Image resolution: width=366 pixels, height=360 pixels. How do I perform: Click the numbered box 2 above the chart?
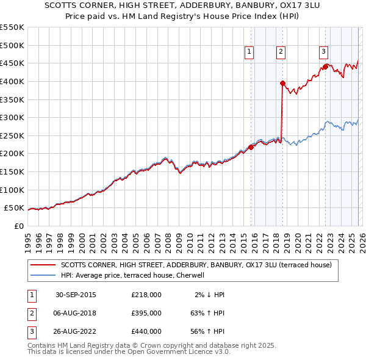(281, 52)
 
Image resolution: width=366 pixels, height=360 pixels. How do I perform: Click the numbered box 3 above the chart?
(323, 52)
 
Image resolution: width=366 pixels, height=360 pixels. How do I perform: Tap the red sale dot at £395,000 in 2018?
(282, 83)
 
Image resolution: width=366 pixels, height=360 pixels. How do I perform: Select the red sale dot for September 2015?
(251, 147)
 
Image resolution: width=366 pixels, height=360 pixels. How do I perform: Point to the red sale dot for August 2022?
(326, 67)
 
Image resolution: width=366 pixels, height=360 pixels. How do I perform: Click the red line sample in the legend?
(43, 265)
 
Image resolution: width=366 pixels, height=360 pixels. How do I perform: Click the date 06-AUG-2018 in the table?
(75, 312)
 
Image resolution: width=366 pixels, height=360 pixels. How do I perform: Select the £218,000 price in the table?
(146, 294)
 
